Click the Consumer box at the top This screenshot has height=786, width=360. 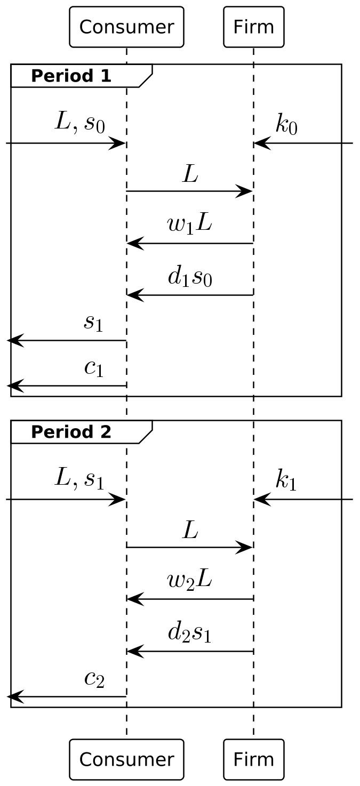coord(126,27)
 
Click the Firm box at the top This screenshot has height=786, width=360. coord(253,27)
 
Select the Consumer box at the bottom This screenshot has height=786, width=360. coord(126,759)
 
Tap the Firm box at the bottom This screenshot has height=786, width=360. coord(253,759)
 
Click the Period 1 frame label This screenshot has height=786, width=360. coord(71,76)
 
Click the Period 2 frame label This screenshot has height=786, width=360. coord(71,432)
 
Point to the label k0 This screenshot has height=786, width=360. coord(286,124)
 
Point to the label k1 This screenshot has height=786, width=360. coord(286,480)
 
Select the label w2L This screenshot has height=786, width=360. coord(189,580)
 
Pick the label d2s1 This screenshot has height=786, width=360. coord(189,633)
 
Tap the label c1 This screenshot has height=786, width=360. coord(94,368)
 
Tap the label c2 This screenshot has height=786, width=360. coord(94,679)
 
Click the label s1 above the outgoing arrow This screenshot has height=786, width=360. coord(93,323)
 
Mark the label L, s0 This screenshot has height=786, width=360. coord(80,123)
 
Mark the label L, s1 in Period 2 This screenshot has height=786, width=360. coord(79,479)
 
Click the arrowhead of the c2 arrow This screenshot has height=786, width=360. coord(14,696)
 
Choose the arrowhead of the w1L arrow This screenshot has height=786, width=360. coord(134,244)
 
